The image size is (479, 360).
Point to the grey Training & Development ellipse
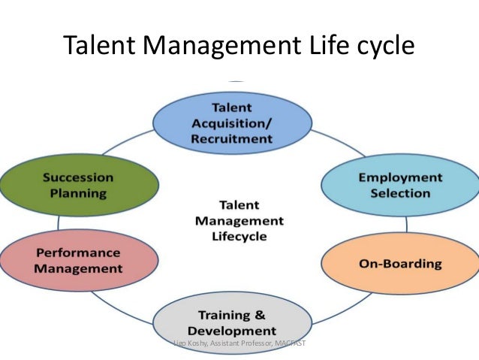point(231,322)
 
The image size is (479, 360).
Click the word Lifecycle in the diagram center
point(239,237)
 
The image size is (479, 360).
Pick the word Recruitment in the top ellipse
point(233,139)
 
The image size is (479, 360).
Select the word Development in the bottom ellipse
point(232,331)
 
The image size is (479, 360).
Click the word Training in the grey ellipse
point(221,314)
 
